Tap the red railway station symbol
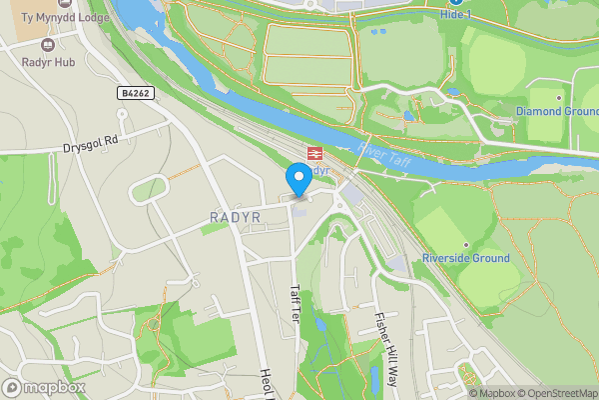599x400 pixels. click(313, 153)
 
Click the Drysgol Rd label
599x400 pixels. click(90, 143)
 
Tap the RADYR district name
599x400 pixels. click(237, 217)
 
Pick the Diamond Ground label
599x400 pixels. click(556, 110)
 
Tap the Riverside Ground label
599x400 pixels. click(465, 258)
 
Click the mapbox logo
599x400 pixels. click(44, 387)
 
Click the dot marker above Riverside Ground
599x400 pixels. click(465, 244)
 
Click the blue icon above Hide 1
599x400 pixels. click(454, 2)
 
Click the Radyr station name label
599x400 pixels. click(319, 171)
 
